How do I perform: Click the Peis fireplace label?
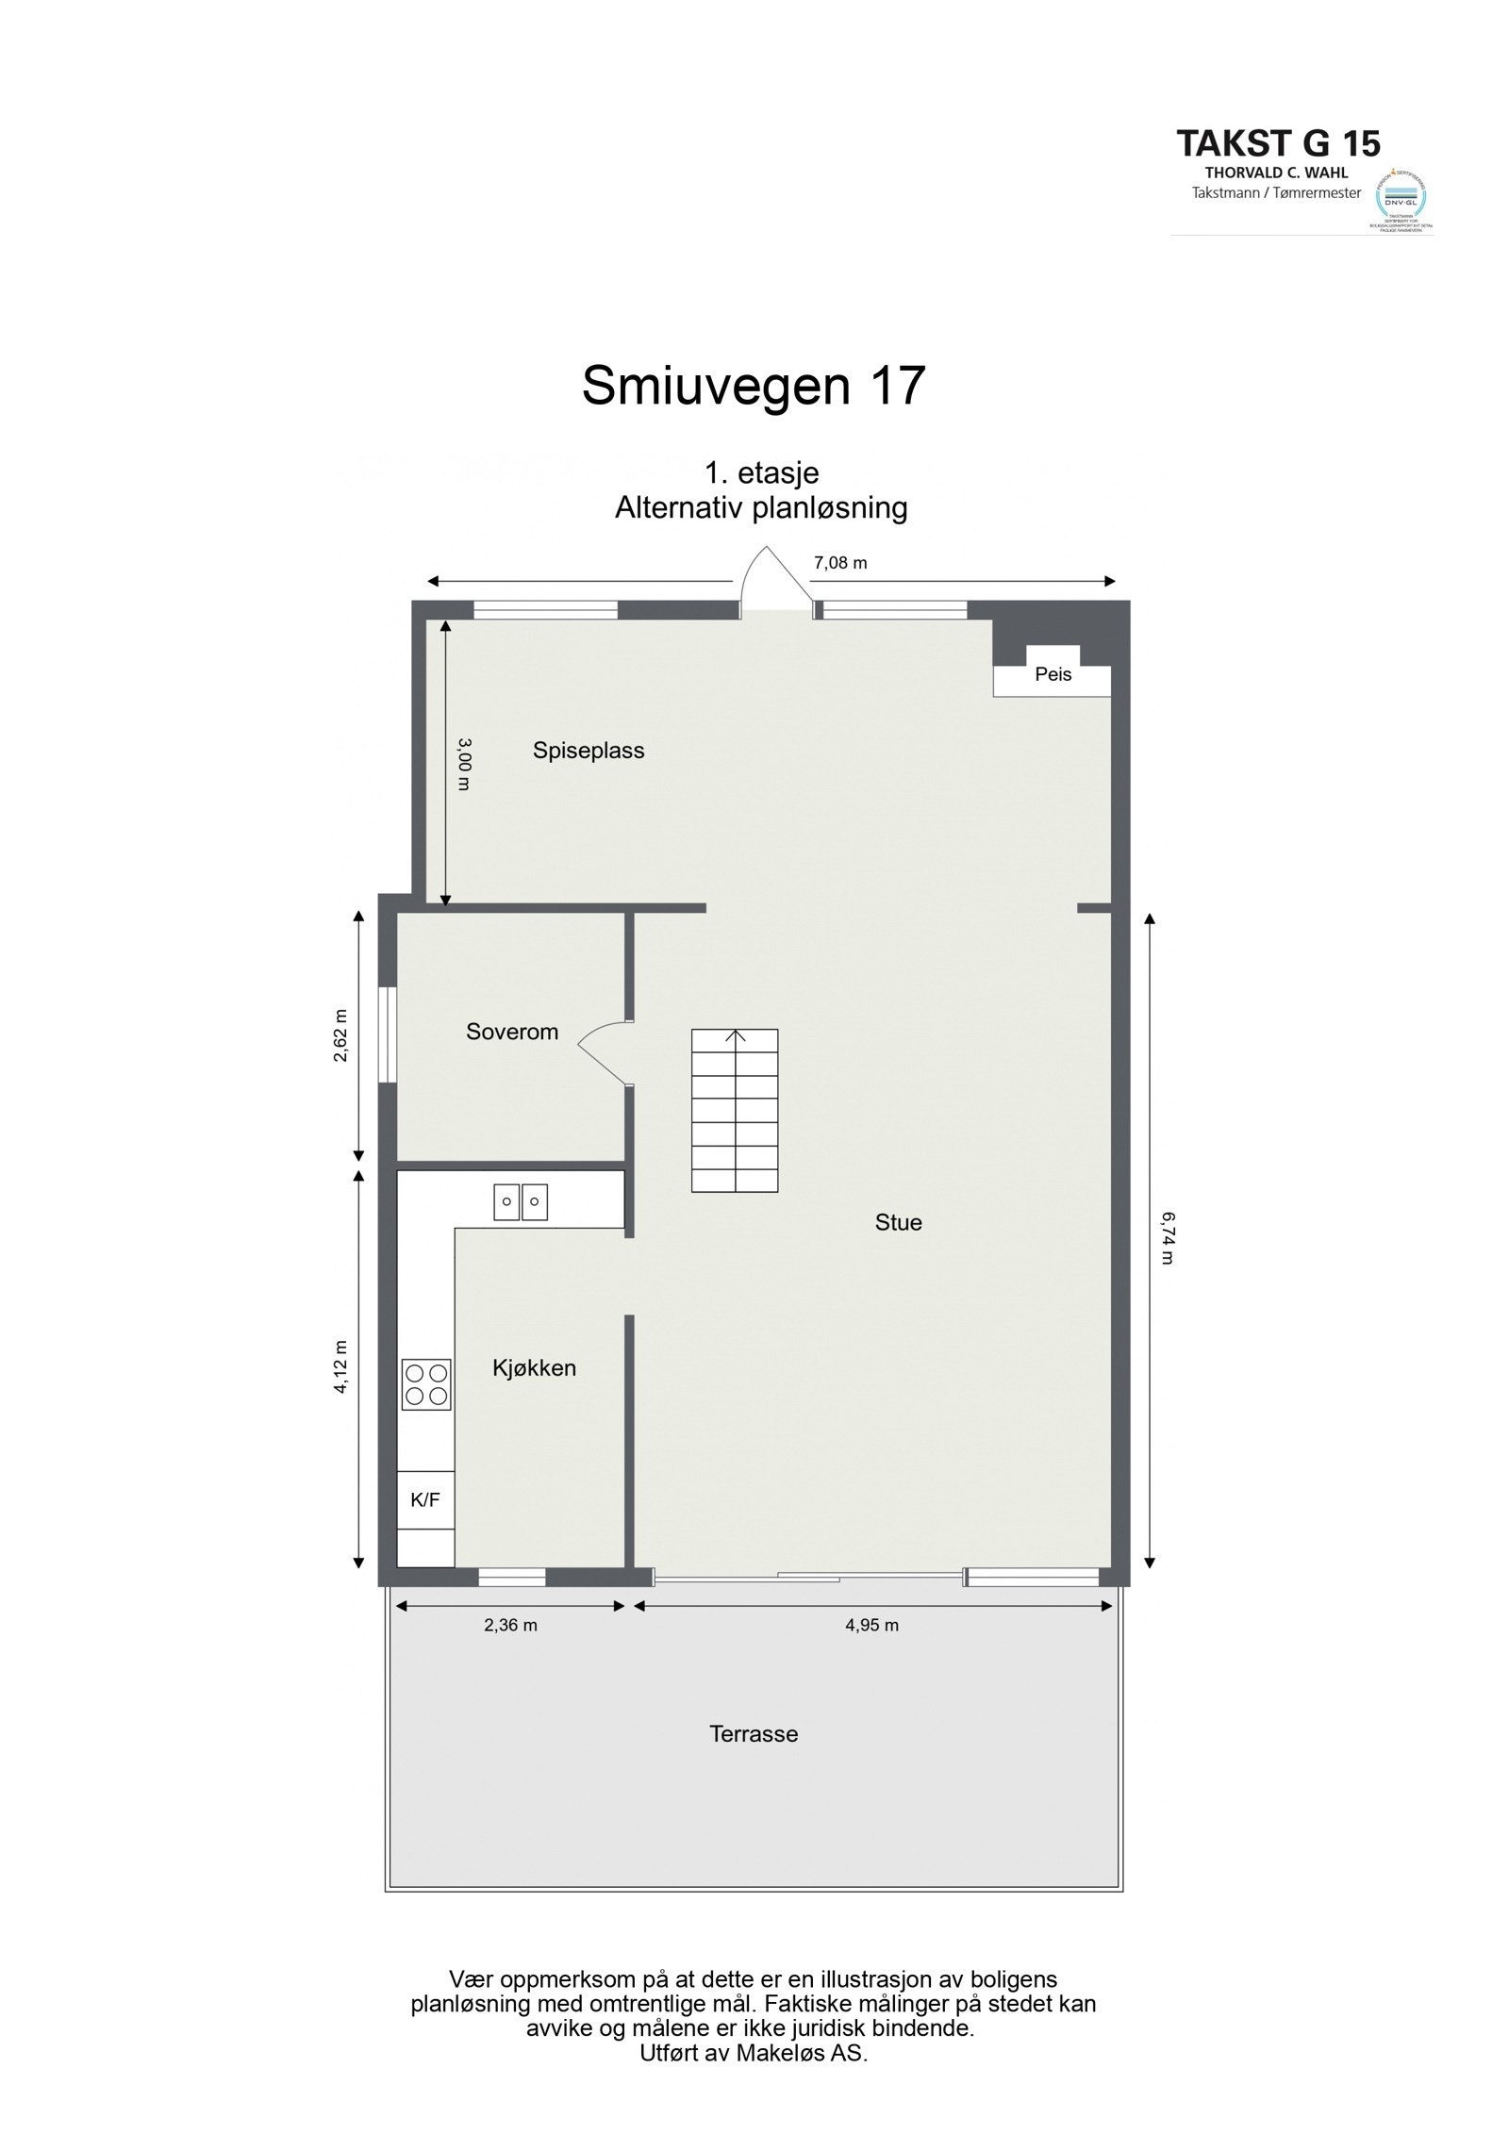pyautogui.click(x=1053, y=675)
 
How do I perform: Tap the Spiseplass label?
pyautogui.click(x=589, y=751)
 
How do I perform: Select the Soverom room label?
pyautogui.click(x=512, y=1032)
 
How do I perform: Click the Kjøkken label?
pyautogui.click(x=534, y=1368)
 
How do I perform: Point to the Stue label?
pyautogui.click(x=898, y=1223)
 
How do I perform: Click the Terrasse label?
pyautogui.click(x=754, y=1734)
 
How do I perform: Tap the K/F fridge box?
pyautogui.click(x=425, y=1500)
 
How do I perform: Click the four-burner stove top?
pyautogui.click(x=426, y=1384)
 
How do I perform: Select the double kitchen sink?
pyautogui.click(x=521, y=1201)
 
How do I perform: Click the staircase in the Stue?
pyautogui.click(x=735, y=1110)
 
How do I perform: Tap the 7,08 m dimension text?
pyautogui.click(x=840, y=563)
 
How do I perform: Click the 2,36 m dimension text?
pyautogui.click(x=510, y=1625)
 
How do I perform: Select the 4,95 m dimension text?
pyautogui.click(x=872, y=1625)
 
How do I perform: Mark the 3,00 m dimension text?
pyautogui.click(x=463, y=764)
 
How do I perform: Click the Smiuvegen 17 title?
pyautogui.click(x=754, y=386)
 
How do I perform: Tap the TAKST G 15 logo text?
pyautogui.click(x=1278, y=143)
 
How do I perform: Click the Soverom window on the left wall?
pyautogui.click(x=387, y=1034)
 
